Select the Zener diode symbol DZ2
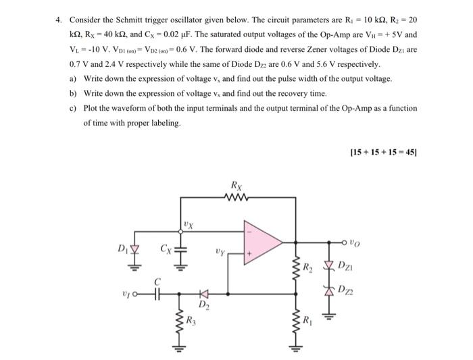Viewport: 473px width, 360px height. coord(328,291)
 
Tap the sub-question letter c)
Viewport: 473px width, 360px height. coord(72,107)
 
